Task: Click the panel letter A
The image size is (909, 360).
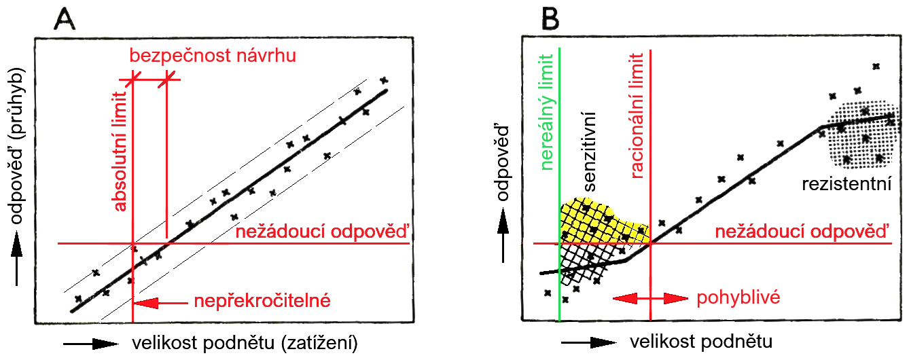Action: tap(66, 21)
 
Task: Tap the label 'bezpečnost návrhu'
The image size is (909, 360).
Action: tap(213, 56)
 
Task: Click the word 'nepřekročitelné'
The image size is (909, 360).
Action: tap(262, 301)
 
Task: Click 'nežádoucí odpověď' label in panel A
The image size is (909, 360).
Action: tap(323, 232)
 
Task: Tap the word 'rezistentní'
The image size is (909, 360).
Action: tap(845, 184)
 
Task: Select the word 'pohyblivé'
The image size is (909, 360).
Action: tap(738, 298)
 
